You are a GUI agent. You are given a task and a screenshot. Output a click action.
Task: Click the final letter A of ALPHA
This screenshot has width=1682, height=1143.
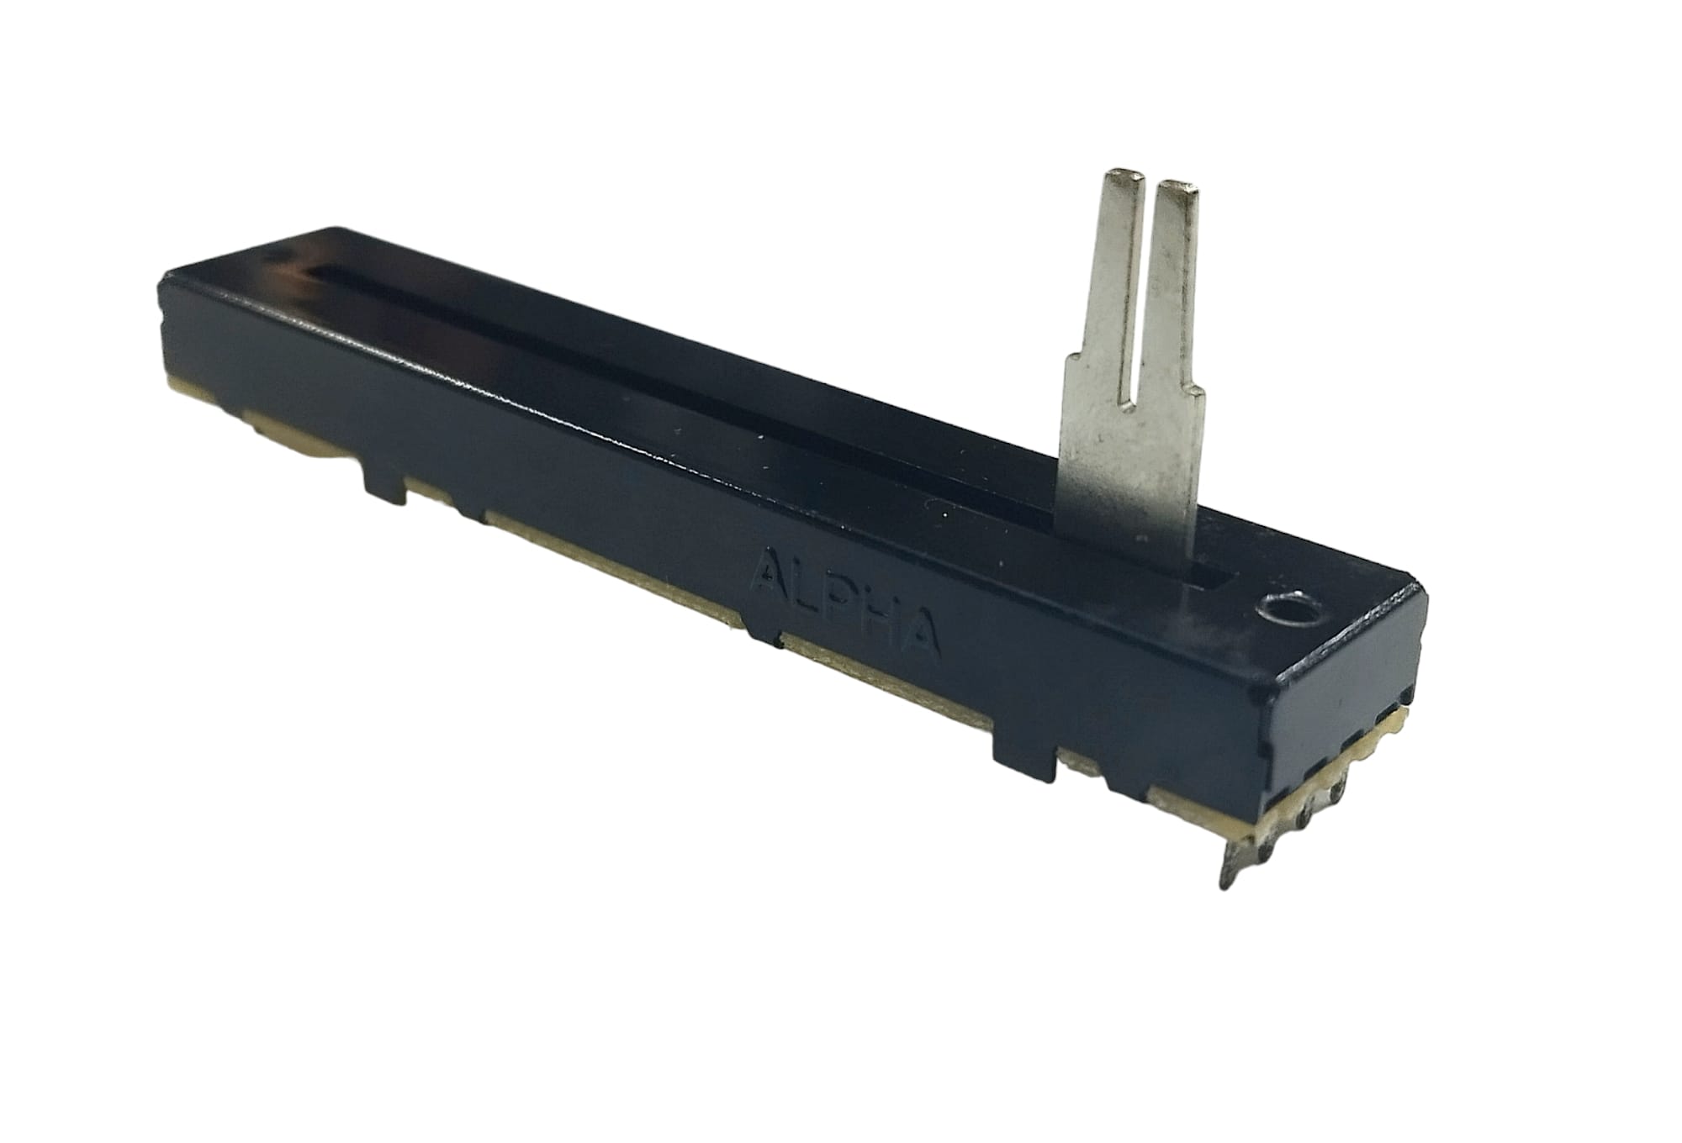pos(920,632)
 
